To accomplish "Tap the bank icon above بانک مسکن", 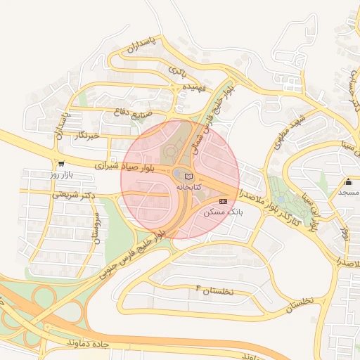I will pyautogui.click(x=224, y=201).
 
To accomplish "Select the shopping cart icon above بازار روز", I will pyautogui.click(x=62, y=163).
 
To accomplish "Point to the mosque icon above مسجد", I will pyautogui.click(x=348, y=182).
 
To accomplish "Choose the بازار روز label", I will pyautogui.click(x=62, y=174).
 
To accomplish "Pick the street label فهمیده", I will pyautogui.click(x=194, y=87).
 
